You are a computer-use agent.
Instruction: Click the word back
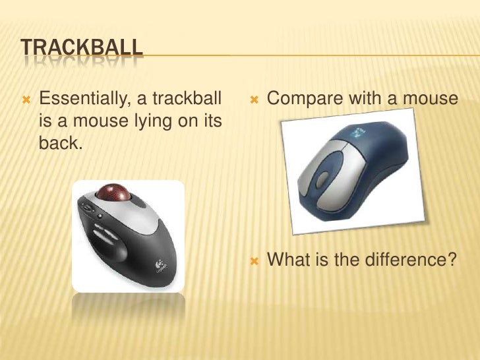[61, 144]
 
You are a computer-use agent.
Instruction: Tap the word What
[289, 260]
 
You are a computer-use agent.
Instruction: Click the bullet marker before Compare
[254, 100]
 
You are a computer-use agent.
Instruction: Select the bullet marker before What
[254, 261]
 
